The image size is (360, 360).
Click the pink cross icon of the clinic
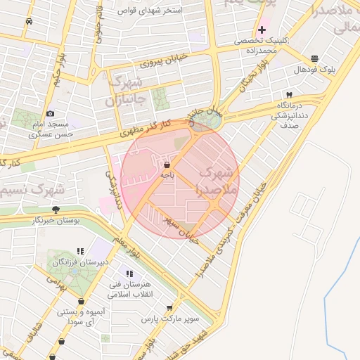[262, 30]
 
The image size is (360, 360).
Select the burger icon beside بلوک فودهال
[314, 58]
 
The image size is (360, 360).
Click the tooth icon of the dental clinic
[288, 95]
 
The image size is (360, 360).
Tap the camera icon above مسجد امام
[50, 113]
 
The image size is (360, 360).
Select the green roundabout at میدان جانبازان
[205, 122]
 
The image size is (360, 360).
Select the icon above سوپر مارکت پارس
[169, 308]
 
